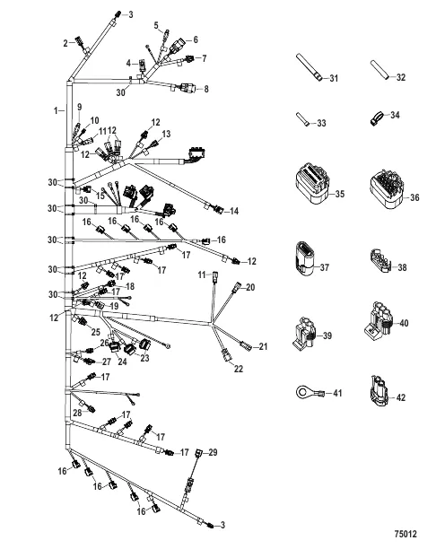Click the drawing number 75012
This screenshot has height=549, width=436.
(405, 534)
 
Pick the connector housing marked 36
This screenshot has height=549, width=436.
(387, 188)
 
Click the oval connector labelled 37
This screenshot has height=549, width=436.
(303, 258)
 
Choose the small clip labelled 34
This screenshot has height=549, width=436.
(376, 117)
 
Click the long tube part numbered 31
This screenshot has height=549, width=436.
(310, 67)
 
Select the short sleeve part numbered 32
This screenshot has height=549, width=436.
(379, 70)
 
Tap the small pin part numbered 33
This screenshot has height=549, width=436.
(302, 120)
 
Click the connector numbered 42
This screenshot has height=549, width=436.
(379, 391)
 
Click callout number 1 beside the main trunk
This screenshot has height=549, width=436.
(56, 110)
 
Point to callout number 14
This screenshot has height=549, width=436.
(234, 211)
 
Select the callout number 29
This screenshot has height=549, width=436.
(213, 452)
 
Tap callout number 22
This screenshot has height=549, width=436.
(239, 369)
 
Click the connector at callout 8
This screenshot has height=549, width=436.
(186, 88)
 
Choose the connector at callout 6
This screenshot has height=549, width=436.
(178, 45)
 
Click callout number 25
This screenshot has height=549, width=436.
(96, 332)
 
